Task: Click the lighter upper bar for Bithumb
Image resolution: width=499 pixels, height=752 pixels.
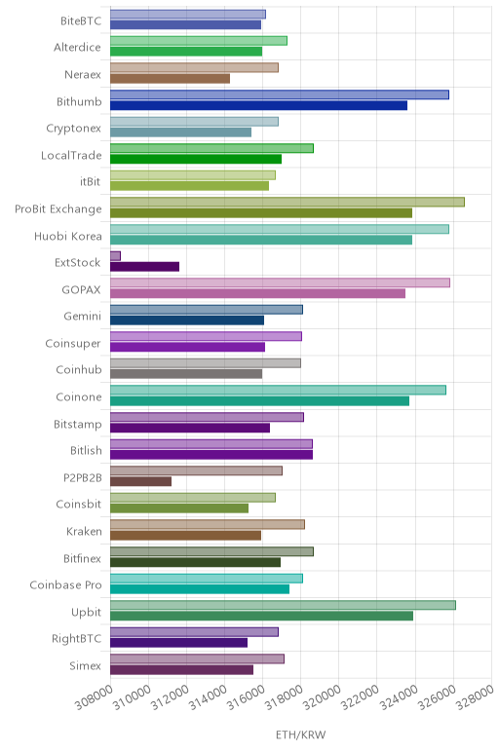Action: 280,94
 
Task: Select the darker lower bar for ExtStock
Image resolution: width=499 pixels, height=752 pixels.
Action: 144,267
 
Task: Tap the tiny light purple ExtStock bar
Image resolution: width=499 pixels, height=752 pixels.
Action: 115,256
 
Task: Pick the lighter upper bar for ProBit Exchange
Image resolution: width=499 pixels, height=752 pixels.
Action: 288,202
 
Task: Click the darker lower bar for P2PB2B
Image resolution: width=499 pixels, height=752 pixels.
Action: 140,481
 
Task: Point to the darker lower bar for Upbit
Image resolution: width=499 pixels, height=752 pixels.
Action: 261,616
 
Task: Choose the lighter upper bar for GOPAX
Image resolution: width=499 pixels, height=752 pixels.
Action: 280,282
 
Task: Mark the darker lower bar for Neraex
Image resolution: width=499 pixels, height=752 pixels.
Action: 170,79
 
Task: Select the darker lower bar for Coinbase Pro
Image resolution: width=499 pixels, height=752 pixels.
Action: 200,589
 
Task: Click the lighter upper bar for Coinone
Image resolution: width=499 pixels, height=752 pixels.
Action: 278,390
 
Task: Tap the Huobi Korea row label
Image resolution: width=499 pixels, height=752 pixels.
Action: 67,236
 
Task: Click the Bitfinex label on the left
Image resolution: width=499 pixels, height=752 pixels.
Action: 82,558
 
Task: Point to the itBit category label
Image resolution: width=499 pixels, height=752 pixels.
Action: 91,182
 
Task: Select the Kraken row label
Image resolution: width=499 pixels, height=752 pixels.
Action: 84,532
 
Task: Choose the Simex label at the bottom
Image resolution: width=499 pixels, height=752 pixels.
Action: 85,665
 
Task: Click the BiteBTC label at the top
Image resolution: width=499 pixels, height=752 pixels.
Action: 81,21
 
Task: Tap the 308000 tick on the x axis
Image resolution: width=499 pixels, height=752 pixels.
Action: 94,696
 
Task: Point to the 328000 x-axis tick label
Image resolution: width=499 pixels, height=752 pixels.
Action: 475,696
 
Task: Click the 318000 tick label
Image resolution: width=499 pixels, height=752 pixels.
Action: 285,696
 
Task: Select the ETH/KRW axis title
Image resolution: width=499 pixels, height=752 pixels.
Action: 301,734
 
